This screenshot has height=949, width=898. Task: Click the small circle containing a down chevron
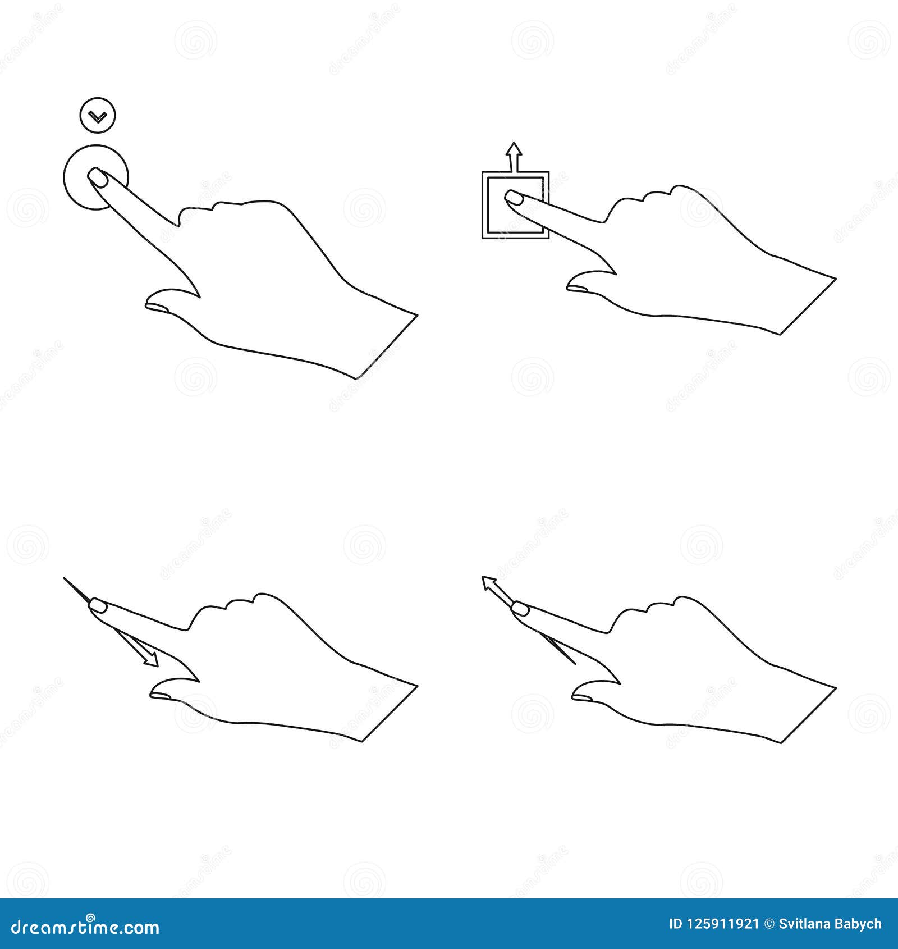tap(97, 116)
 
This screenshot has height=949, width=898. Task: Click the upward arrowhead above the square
tap(514, 150)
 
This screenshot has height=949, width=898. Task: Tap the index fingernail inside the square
tap(514, 197)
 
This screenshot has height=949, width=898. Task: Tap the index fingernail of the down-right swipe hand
tap(99, 605)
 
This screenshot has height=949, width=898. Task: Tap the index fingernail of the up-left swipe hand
tap(520, 608)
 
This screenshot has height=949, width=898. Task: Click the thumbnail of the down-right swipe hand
tap(162, 696)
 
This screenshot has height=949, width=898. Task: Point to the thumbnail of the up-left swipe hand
tap(583, 697)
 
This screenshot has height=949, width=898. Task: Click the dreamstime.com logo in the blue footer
tap(85, 927)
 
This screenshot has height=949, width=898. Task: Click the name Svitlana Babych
tap(830, 924)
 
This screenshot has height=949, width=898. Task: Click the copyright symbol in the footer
tap(769, 924)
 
